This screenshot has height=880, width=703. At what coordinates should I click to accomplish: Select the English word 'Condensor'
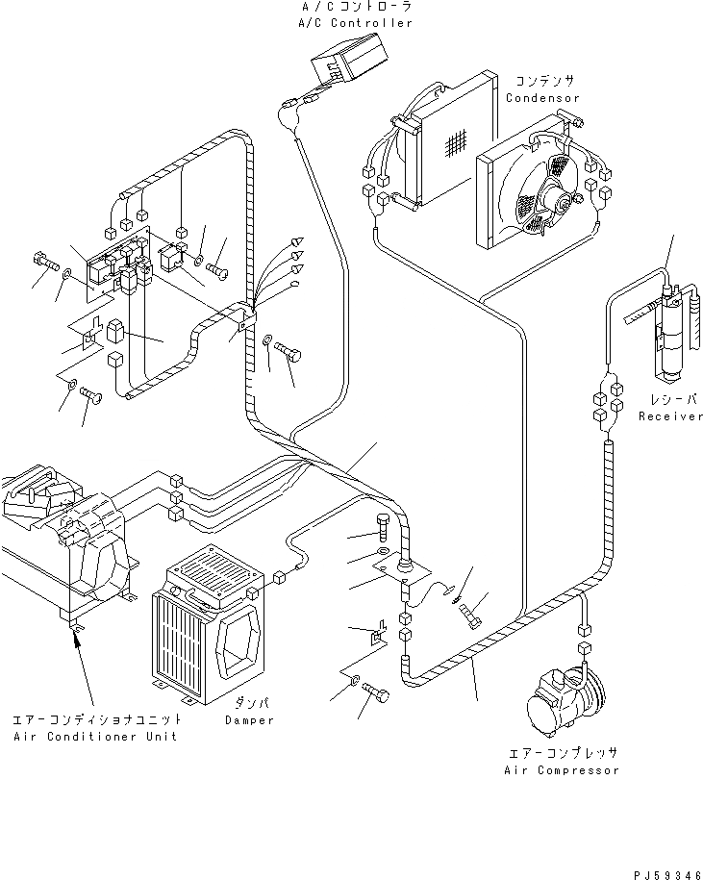pos(544,98)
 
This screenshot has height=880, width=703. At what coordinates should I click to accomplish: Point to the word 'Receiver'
pos(670,416)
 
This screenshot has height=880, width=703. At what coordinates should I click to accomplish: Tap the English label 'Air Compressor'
pos(561,769)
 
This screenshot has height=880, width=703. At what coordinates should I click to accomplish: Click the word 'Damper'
pos(250,719)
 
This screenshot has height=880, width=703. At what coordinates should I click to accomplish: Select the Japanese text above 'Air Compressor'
pos(561,754)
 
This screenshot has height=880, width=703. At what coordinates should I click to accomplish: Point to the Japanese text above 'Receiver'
pos(670,400)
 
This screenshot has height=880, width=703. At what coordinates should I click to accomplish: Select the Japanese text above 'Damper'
pos(249,705)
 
